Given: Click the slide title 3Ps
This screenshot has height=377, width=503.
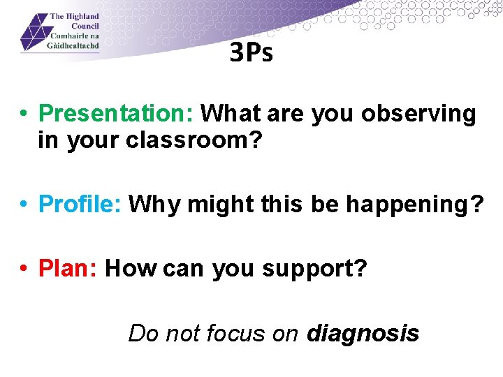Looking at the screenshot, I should coord(251,53).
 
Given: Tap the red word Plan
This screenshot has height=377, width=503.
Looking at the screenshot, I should coord(68,267).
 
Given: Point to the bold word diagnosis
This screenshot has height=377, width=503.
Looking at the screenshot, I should coord(363,334).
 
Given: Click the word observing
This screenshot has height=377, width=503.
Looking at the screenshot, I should coord(418,114).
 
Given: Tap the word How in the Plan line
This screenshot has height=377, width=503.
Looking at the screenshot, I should coord(130,267).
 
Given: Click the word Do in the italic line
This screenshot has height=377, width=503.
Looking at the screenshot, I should coord(141,334).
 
